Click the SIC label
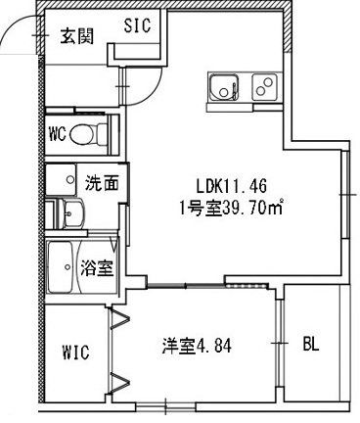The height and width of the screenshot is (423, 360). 137,25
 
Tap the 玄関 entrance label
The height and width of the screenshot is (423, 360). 77,36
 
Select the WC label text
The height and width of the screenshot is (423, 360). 57,134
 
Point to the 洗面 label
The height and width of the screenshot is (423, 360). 102,183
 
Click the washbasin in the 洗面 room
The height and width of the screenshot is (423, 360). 70,213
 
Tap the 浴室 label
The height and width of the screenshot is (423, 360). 97,267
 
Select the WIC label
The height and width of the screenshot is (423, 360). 75,352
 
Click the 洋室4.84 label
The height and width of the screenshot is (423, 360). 197,347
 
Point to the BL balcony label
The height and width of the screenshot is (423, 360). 310,344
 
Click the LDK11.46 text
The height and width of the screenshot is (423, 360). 232,186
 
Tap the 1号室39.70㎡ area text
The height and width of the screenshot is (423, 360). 231,207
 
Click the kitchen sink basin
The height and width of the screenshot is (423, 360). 224,87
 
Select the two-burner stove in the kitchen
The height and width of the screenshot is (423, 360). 264,87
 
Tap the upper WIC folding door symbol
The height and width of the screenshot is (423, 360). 120,317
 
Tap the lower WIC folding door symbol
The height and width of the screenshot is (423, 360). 120,383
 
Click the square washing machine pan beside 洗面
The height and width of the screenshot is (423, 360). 61,179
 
